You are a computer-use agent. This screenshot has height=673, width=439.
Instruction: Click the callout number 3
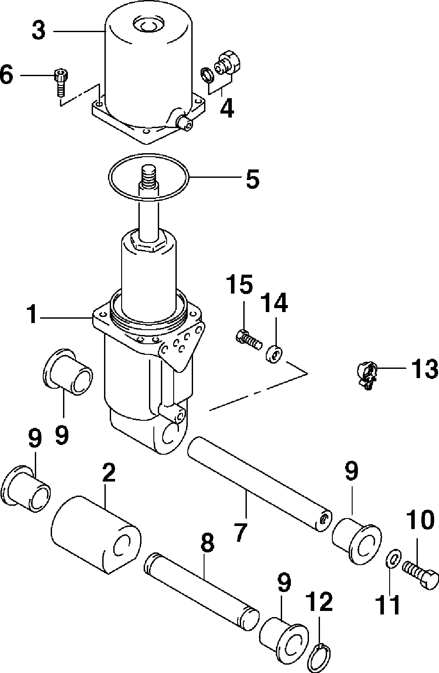click(x=39, y=31)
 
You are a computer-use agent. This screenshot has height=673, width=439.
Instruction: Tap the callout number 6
click(x=7, y=75)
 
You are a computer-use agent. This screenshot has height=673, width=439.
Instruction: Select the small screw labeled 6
click(x=61, y=83)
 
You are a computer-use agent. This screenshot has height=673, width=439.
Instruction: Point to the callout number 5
click(x=252, y=179)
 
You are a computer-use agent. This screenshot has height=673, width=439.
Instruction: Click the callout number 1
click(x=32, y=314)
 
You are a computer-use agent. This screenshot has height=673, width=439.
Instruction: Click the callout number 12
click(x=320, y=602)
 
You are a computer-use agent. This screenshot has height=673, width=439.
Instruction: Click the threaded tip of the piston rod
click(x=149, y=176)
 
